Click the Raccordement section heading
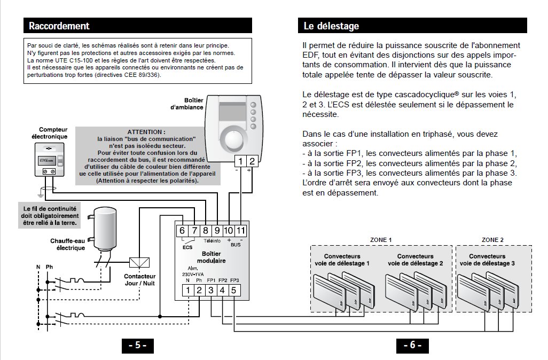[59, 26]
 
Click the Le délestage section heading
[331, 26]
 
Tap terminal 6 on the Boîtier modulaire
[182, 230]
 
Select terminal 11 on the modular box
[241, 230]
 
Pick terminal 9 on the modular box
[217, 230]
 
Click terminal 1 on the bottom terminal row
[188, 291]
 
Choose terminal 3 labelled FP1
[211, 291]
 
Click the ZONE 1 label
[381, 240]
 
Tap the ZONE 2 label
[492, 240]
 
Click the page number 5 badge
[137, 345]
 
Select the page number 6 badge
[412, 345]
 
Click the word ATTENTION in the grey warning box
[146, 131]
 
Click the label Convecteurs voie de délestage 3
[487, 260]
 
